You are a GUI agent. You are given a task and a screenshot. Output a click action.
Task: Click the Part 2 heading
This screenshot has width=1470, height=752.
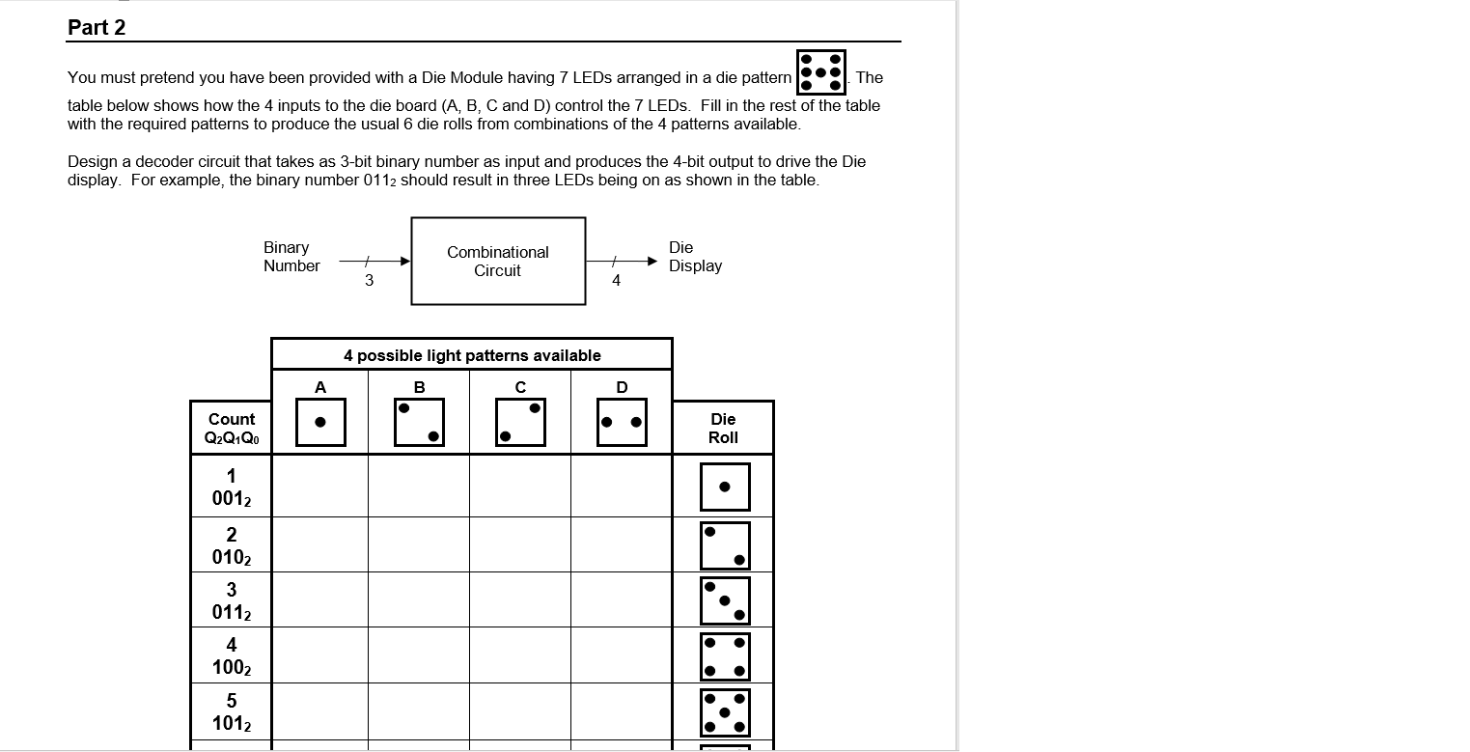[x=97, y=28]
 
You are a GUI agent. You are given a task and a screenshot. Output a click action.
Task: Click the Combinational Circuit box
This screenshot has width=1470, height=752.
[x=498, y=261]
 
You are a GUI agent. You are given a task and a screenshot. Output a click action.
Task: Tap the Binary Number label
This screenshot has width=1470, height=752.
[x=291, y=257]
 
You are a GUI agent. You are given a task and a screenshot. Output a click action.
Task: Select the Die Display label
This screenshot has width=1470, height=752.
[x=695, y=257]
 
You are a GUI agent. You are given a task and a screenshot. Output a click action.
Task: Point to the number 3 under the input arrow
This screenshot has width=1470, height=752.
[x=369, y=281]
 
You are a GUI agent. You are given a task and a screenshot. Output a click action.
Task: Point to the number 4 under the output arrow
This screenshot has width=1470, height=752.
[x=616, y=281]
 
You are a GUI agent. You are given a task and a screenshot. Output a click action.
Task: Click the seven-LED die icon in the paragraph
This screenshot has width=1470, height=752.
[x=820, y=72]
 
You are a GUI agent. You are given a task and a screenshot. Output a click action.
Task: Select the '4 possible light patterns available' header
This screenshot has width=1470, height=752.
[x=472, y=355]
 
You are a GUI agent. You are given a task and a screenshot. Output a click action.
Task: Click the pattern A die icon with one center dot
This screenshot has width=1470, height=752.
[x=320, y=422]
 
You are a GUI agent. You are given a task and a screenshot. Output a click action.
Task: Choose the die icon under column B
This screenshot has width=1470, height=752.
[x=419, y=422]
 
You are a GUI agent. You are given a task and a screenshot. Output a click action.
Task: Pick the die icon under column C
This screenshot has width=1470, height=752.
[x=520, y=422]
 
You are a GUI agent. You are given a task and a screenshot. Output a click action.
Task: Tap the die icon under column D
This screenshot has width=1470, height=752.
[x=622, y=422]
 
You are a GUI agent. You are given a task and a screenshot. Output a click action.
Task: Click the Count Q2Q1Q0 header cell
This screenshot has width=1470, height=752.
[x=232, y=428]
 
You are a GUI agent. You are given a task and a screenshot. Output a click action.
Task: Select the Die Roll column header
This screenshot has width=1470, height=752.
[x=723, y=428]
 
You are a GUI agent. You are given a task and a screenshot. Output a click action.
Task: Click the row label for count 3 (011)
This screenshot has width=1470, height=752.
[x=232, y=600]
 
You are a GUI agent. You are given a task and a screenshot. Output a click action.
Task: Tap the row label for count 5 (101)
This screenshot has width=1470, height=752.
[x=232, y=711]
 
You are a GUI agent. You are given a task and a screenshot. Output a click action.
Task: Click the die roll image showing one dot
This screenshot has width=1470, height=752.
[x=725, y=487]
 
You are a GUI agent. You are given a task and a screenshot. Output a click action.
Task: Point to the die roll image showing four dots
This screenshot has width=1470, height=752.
[x=725, y=656]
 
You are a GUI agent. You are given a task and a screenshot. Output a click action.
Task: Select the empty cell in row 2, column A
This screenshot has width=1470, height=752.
[x=320, y=544]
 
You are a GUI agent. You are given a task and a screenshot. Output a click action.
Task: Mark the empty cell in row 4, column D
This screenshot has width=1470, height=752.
[x=622, y=655]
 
